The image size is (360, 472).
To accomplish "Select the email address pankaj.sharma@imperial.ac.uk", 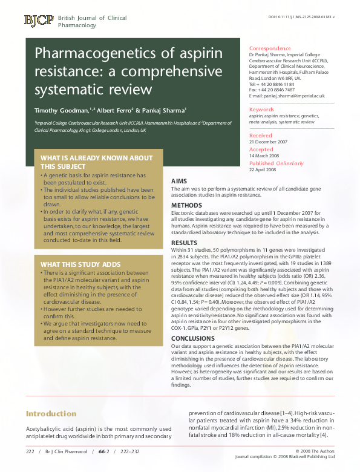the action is click(287, 96).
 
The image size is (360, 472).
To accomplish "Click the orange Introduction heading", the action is click(51, 414).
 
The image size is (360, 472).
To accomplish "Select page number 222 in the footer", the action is click(30, 451).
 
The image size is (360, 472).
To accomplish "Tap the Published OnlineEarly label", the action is click(277, 163).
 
